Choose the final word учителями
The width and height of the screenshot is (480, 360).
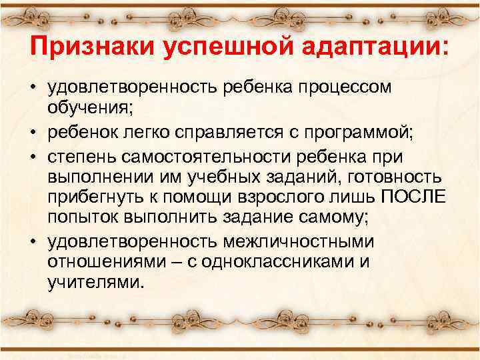point(95,283)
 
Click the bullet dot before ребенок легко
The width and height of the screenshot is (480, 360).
point(33,132)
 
